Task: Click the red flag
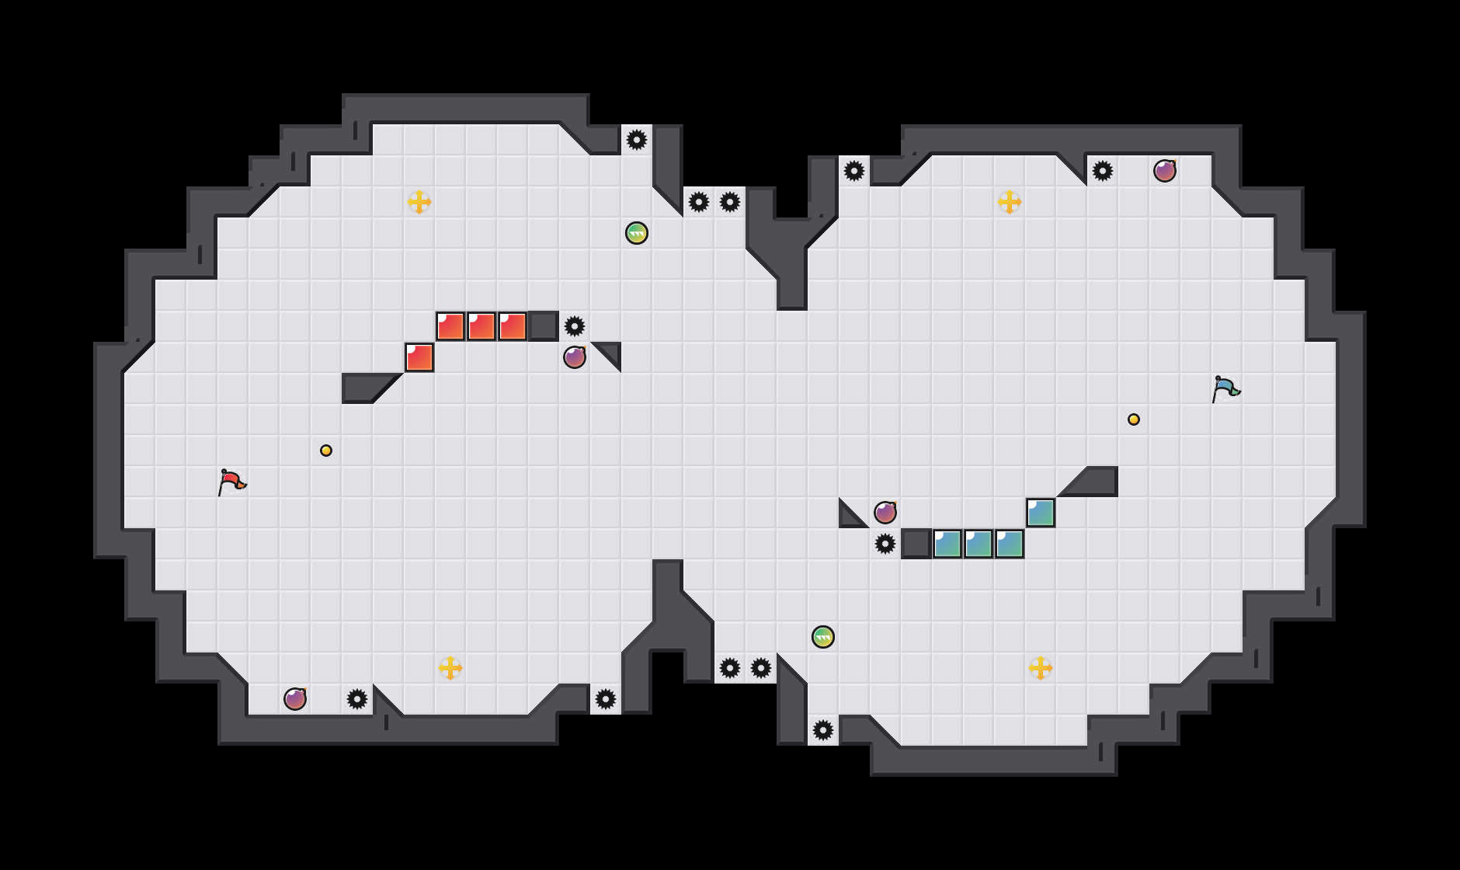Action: (231, 482)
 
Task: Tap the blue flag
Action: (1225, 388)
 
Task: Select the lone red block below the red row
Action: (419, 357)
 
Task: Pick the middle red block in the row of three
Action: (481, 326)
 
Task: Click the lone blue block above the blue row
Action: (1041, 513)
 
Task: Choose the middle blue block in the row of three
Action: (979, 544)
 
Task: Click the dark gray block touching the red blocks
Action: (544, 326)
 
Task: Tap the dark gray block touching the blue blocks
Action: (916, 544)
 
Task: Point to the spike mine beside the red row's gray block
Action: (575, 326)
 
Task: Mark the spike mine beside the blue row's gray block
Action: (885, 544)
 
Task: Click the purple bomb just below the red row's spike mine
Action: (575, 357)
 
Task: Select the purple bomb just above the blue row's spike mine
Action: (885, 513)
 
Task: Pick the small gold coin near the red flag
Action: (326, 451)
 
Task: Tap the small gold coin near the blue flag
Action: (1134, 419)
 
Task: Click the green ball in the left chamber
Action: (637, 233)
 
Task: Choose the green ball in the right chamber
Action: (823, 637)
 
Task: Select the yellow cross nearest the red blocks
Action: (419, 202)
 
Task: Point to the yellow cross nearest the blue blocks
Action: (1041, 668)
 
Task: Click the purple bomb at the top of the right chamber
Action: (1165, 171)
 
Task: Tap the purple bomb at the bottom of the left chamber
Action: (295, 699)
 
